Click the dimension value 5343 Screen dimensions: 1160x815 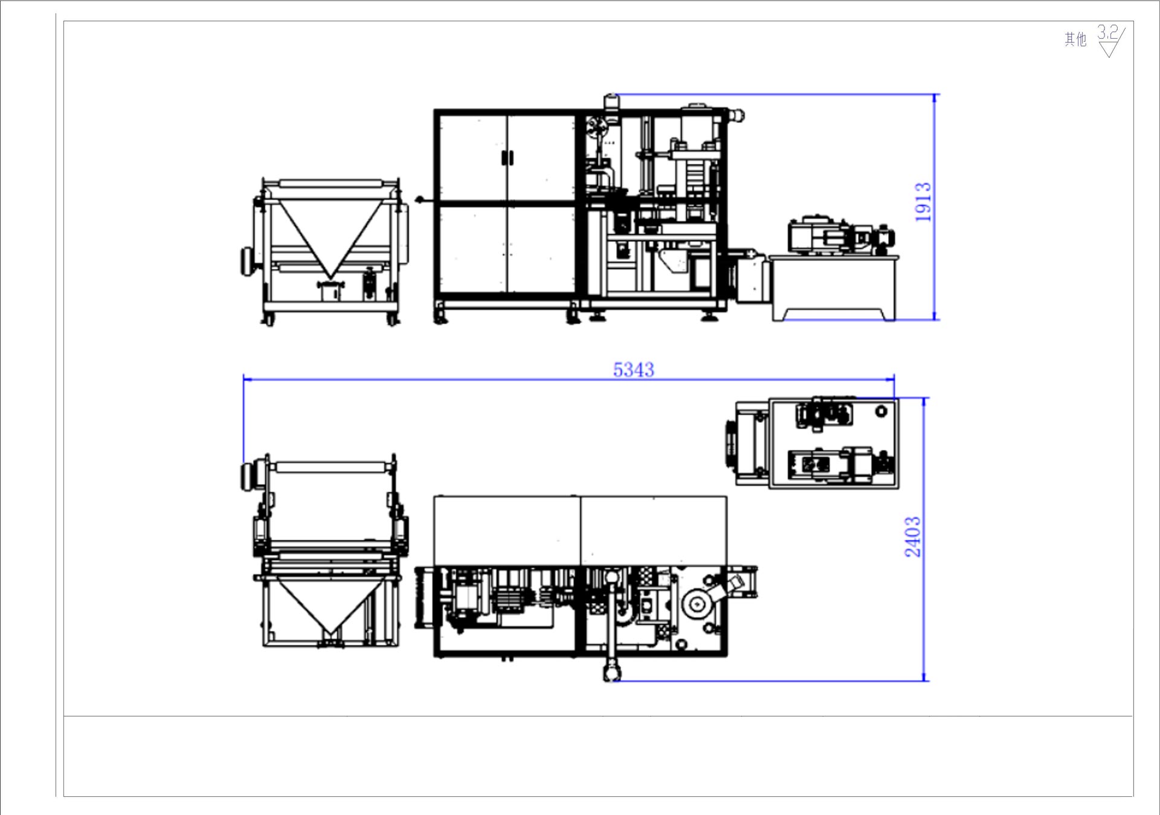coord(633,369)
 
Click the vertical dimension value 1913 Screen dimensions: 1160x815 coord(923,202)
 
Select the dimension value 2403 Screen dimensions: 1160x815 coord(912,536)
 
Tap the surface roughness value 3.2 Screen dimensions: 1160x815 coord(1107,32)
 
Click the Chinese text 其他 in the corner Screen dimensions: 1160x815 coord(1075,40)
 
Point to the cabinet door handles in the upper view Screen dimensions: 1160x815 coord(507,158)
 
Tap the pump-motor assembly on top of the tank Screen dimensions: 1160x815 coord(840,235)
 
